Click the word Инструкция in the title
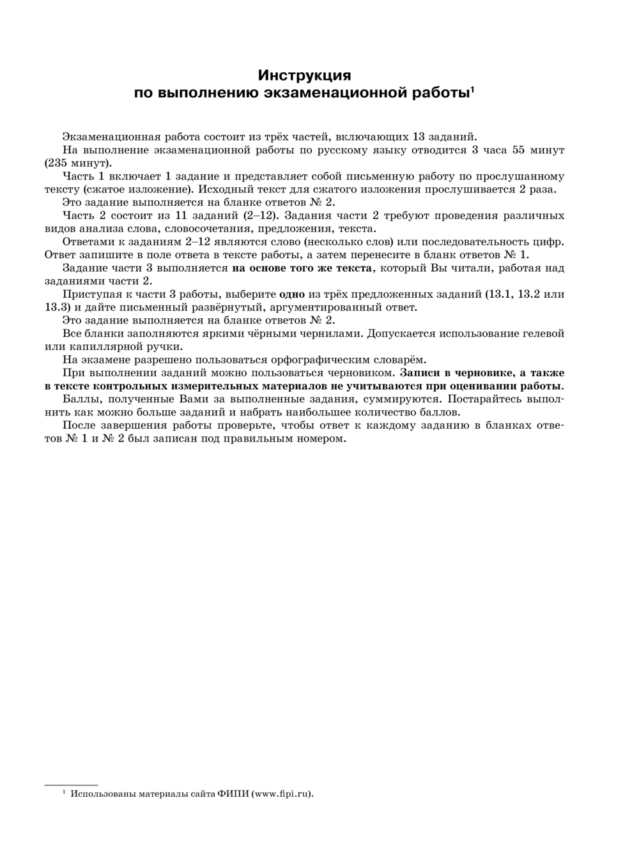tap(304, 75)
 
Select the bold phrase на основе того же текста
tap(302, 268)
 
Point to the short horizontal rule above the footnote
tap(71, 783)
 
